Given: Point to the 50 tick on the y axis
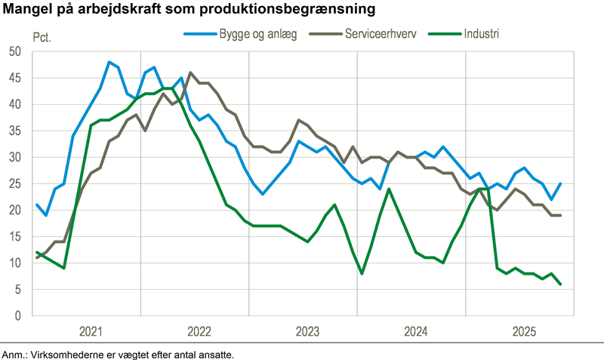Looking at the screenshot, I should pyautogui.click(x=14, y=51).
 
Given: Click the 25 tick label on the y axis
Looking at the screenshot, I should pyautogui.click(x=14, y=183).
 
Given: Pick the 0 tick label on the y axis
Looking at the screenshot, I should pyautogui.click(x=17, y=315).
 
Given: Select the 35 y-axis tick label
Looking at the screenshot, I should pyautogui.click(x=14, y=131).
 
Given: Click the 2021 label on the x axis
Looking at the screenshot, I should pyautogui.click(x=91, y=331).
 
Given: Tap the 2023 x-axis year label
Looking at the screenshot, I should pyautogui.click(x=307, y=331).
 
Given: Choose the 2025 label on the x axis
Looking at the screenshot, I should pyautogui.click(x=524, y=331).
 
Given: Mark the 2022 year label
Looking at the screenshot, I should pyautogui.click(x=199, y=331).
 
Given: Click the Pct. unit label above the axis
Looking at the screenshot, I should pyautogui.click(x=42, y=37).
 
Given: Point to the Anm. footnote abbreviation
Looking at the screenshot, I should pyautogui.click(x=14, y=353).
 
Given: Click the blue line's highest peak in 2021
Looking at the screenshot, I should pyautogui.click(x=109, y=62).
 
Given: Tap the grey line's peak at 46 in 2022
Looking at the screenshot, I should pyautogui.click(x=190, y=72).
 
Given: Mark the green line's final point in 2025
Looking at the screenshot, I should pyautogui.click(x=560, y=284).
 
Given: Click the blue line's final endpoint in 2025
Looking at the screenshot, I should pyautogui.click(x=560, y=183).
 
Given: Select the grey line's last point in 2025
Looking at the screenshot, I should pyautogui.click(x=560, y=215).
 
